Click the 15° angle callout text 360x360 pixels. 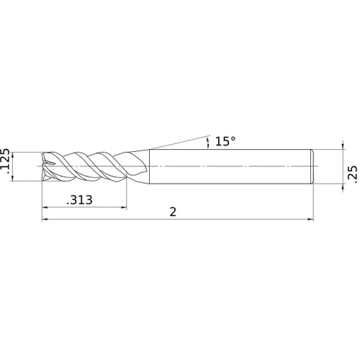pos(225,141)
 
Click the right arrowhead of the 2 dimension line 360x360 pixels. pos(311,220)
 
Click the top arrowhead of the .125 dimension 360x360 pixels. pos(15,156)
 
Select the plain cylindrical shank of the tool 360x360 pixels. pos(230,166)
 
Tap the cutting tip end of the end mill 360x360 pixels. pos(46,166)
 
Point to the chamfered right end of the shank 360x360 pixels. pos(312,166)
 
